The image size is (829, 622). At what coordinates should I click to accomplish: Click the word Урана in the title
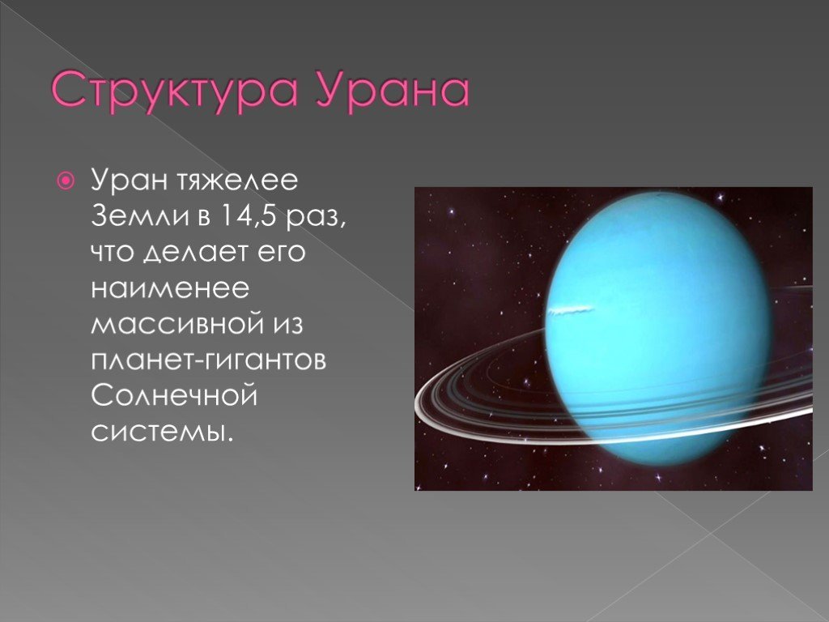(393, 91)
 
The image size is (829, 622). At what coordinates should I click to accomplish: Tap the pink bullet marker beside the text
(65, 181)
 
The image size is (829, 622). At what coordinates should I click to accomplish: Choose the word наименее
(170, 289)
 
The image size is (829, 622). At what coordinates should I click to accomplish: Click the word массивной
(177, 325)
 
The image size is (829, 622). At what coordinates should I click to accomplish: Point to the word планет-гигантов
(208, 360)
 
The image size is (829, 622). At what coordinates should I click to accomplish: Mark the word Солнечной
(174, 395)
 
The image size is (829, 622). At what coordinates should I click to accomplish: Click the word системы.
(162, 432)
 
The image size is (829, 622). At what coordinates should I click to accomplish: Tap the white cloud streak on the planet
(571, 310)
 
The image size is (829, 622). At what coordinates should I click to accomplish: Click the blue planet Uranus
(658, 328)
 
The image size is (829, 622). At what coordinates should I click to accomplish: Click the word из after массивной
(288, 325)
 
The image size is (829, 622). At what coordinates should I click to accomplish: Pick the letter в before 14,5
(204, 217)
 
